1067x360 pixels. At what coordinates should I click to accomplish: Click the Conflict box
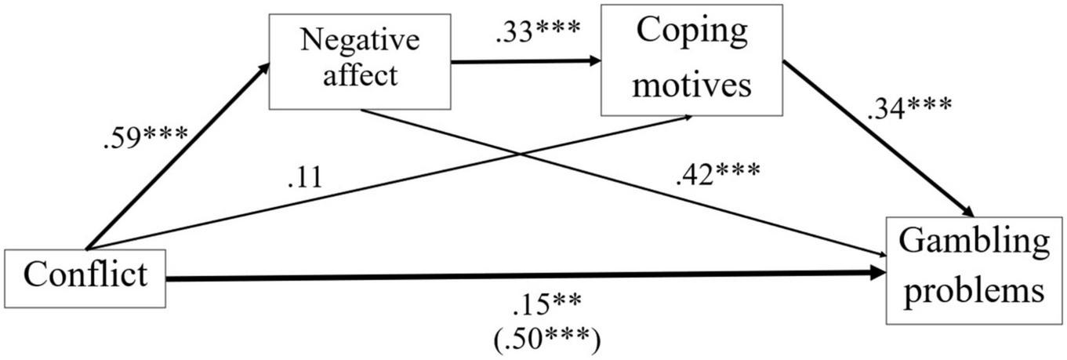[x=85, y=277]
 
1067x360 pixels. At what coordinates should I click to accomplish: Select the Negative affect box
[x=360, y=60]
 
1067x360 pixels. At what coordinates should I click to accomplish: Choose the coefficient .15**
[x=546, y=301]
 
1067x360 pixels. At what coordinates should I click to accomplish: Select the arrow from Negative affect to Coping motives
[x=525, y=62]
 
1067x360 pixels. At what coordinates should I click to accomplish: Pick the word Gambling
[x=974, y=245]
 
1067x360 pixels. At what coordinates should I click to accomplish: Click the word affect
[x=360, y=76]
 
